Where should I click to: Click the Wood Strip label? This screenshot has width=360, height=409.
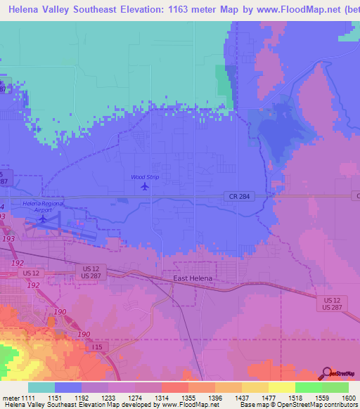click(x=145, y=177)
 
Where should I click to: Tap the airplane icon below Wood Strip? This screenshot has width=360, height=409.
click(x=145, y=186)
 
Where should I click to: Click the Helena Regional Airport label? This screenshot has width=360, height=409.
click(x=43, y=205)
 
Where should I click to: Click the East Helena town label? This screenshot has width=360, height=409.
click(x=193, y=278)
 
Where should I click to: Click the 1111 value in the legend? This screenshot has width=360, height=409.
click(x=28, y=398)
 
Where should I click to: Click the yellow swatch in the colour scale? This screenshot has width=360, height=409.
click(x=281, y=387)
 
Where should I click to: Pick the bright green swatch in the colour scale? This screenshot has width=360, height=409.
click(x=308, y=387)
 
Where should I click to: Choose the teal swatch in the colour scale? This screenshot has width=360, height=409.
click(x=41, y=387)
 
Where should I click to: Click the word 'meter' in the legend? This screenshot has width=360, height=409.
click(x=10, y=398)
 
